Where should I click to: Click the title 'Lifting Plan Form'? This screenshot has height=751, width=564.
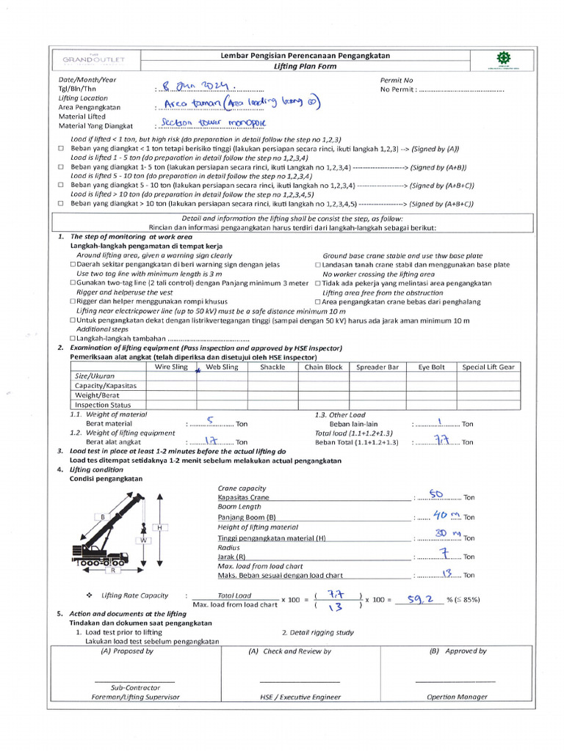(x=305, y=66)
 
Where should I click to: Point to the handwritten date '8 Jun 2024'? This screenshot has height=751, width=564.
(x=199, y=86)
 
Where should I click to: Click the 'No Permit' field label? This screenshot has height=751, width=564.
(x=397, y=90)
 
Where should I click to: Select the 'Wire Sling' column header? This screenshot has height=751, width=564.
(x=170, y=367)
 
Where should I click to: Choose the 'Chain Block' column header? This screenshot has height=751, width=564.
(x=323, y=367)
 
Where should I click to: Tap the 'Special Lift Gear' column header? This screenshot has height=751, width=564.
(x=488, y=367)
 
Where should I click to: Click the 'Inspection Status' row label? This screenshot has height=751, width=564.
(x=103, y=404)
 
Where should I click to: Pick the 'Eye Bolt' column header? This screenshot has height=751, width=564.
(x=431, y=367)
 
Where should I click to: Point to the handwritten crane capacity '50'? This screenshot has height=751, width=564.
(x=435, y=495)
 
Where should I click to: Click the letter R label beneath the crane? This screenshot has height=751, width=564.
(x=114, y=570)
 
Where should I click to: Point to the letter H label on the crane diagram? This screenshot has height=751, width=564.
(x=158, y=527)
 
